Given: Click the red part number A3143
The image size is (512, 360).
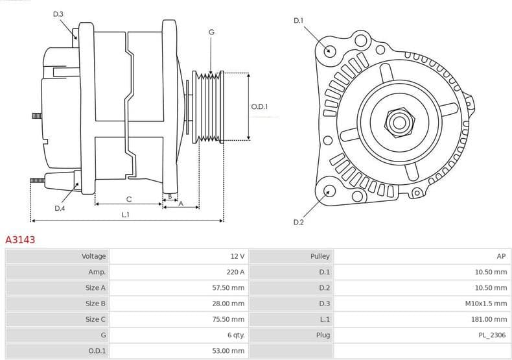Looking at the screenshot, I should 20,239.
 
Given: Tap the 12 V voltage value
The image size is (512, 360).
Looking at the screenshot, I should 237,256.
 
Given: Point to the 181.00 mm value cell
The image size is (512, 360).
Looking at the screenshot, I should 489,319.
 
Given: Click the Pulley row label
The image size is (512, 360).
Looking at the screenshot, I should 320,256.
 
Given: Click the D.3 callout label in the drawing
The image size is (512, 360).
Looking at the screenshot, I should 58,14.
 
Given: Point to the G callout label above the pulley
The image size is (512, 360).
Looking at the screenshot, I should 211,32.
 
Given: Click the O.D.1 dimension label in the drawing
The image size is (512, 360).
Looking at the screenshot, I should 259,106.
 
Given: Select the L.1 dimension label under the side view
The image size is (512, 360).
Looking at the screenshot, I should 125,215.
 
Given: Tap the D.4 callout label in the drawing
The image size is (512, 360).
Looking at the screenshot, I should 60,208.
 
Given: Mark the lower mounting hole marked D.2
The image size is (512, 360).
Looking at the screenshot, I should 329,191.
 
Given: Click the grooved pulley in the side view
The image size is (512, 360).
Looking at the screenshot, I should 209,107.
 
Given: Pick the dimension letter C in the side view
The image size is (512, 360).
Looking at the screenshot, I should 128,198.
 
